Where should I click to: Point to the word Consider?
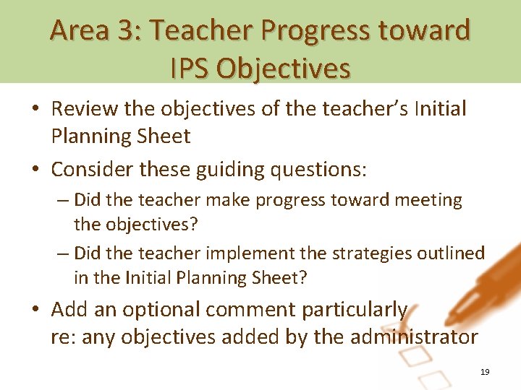pyautogui.click(x=93, y=170)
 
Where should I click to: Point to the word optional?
pyautogui.click(x=161, y=310)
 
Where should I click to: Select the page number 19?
pyautogui.click(x=485, y=372)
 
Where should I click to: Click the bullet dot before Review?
pyautogui.click(x=36, y=110)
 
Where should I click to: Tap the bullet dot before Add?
pyautogui.click(x=36, y=311)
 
